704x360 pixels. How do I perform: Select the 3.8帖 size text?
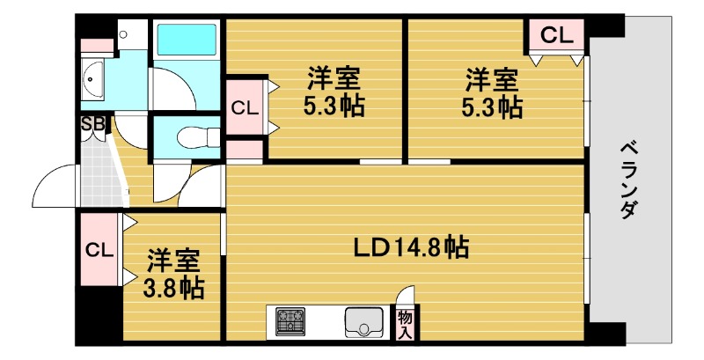coord(176,287)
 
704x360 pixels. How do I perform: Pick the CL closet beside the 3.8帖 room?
coord(99,249)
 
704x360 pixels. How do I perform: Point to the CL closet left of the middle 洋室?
coord(245,108)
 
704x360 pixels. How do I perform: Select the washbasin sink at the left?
coord(92,81)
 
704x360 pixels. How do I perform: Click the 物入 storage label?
coord(406,322)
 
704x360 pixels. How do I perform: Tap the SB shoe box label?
coord(92,124)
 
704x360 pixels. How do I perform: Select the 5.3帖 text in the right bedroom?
coord(491,107)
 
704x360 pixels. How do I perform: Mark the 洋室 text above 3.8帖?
coord(173,261)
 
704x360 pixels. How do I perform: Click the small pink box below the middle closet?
coord(245,151)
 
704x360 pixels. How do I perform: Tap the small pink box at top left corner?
coord(96,44)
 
